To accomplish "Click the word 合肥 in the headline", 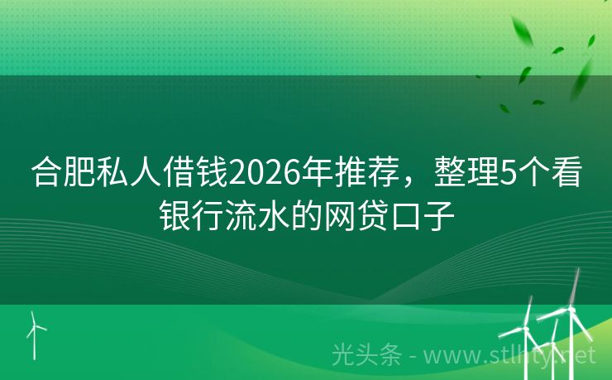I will coord(64,176).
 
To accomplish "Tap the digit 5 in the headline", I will coord(508,176).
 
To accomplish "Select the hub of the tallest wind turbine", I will coord(570,310).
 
